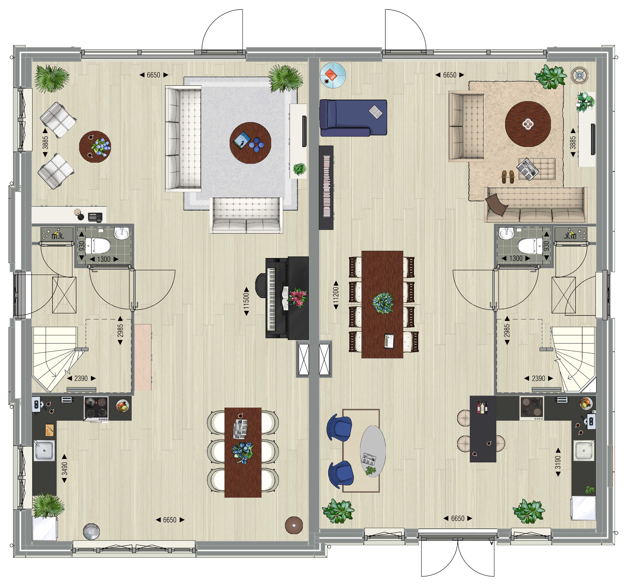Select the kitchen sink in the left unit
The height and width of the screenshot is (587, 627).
click(x=44, y=450)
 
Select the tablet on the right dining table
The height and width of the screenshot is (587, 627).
click(x=389, y=341)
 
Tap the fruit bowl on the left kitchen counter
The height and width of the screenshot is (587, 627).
click(x=123, y=406)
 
